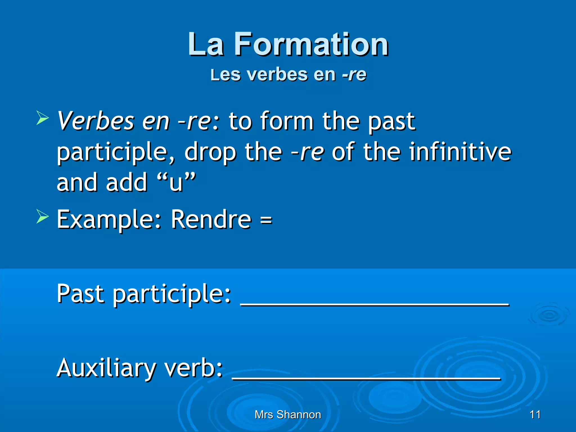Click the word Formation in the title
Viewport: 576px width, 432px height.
311,44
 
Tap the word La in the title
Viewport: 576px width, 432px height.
206,44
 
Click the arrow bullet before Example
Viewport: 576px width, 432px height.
42,216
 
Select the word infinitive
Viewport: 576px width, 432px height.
460,152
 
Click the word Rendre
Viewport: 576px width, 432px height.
211,219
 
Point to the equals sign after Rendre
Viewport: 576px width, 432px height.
266,219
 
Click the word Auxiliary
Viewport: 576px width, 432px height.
106,368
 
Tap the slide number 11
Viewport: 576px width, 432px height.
535,415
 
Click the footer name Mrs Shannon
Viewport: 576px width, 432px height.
288,415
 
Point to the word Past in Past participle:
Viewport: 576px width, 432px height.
80,294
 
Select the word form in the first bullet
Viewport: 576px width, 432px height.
287,121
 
